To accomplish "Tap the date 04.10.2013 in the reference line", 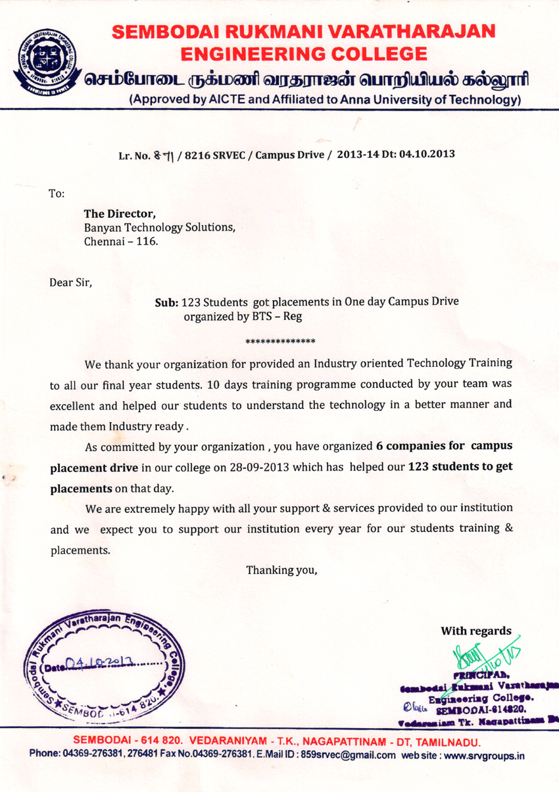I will [427, 155].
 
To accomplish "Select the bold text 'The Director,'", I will [120, 213].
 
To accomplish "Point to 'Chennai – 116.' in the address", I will [121, 241].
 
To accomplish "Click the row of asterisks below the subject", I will [280, 342].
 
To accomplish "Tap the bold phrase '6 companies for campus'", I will [444, 446].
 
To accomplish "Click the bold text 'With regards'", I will [475, 631].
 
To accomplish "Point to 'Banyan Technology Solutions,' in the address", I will [159, 227].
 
